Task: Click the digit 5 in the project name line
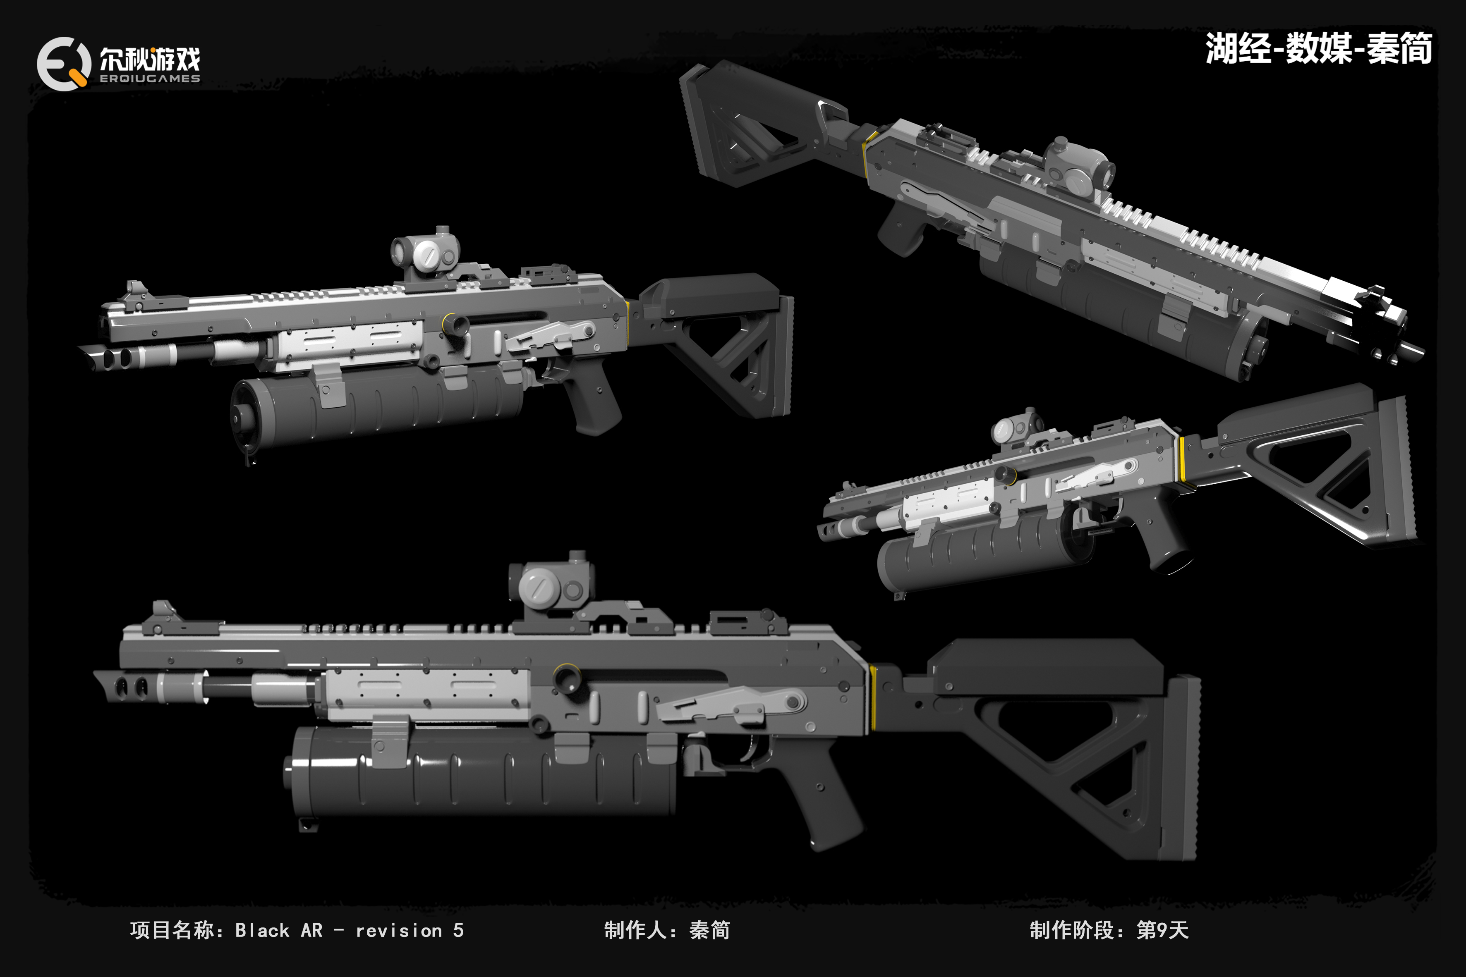pos(458,930)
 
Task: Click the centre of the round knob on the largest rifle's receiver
pos(566,677)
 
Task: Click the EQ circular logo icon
pos(63,64)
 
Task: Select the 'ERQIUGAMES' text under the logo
pos(150,79)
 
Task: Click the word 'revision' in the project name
pos(399,931)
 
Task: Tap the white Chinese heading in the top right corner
pos(1318,49)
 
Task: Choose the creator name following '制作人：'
pos(709,930)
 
